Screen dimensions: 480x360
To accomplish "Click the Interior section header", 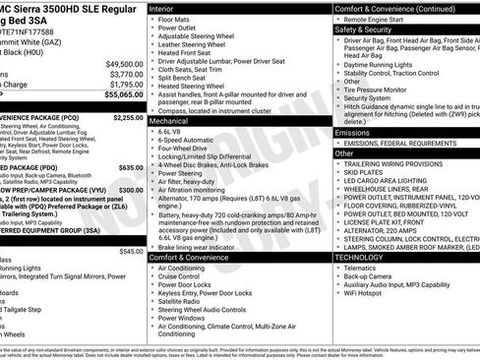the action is [x=162, y=7].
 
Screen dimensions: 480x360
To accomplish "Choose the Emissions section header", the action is [x=352, y=132].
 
